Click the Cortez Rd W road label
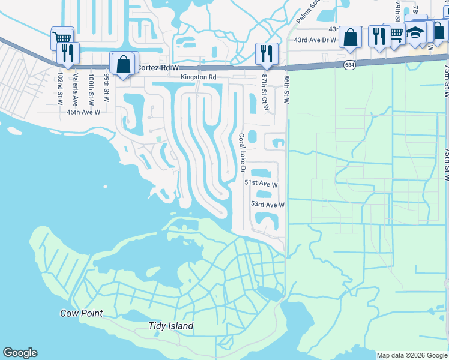point(157,68)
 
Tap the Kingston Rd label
point(199,77)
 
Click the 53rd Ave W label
point(267,205)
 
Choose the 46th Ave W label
point(83,112)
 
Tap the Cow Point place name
point(81,313)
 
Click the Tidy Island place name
point(171,326)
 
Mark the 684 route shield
point(350,64)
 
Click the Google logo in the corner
point(20,353)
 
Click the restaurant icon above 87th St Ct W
point(265,53)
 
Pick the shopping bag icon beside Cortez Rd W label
point(124,64)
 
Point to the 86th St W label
point(286,89)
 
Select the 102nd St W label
point(60,89)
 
